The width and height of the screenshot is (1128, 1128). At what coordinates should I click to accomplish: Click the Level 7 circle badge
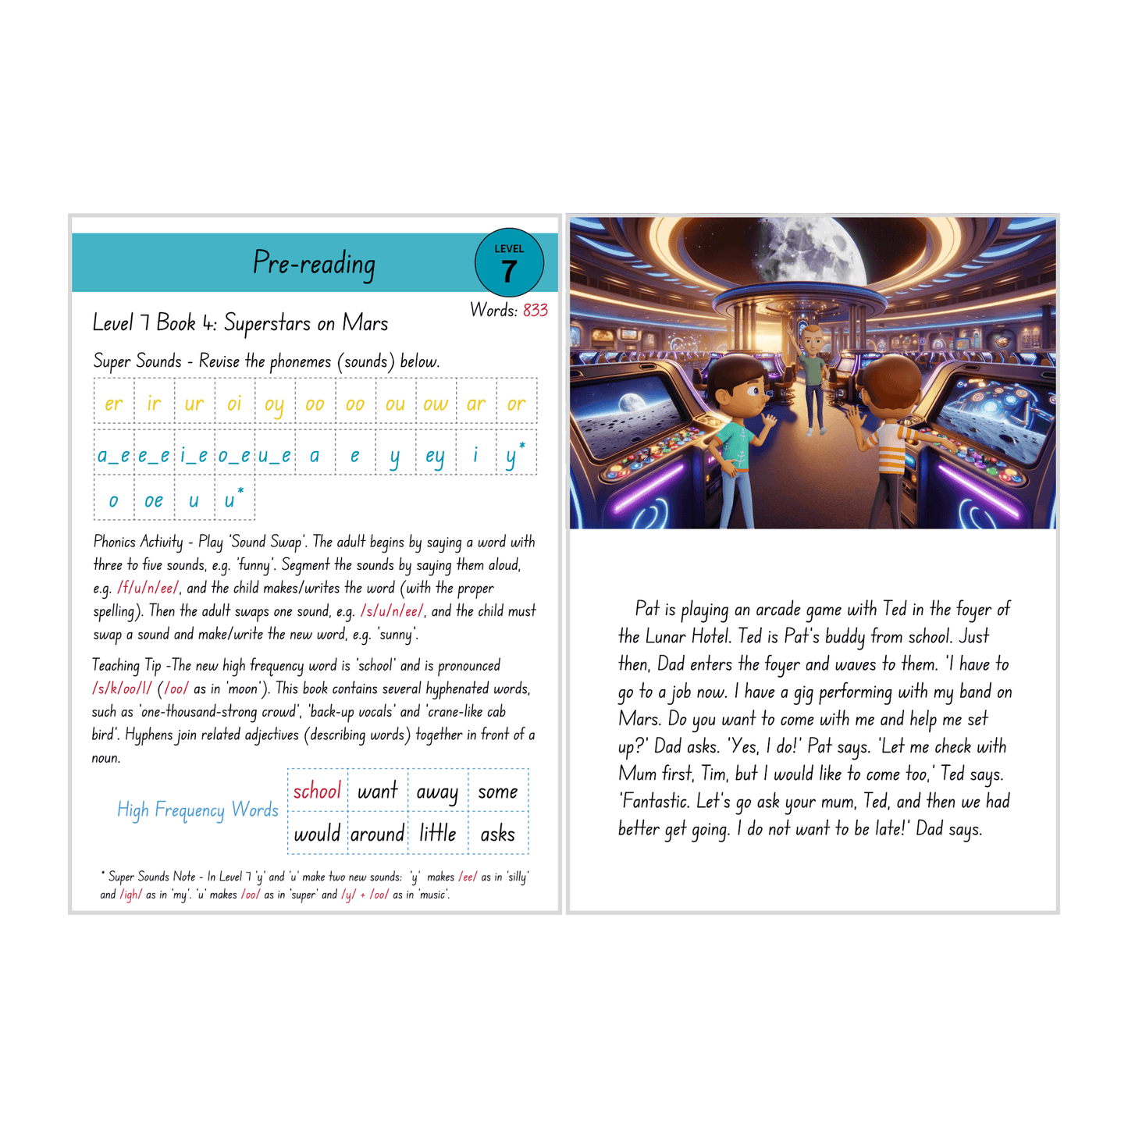(x=509, y=263)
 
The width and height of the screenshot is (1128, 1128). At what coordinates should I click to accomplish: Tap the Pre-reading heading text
(x=314, y=264)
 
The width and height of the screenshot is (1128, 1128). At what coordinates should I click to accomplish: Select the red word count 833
(x=536, y=311)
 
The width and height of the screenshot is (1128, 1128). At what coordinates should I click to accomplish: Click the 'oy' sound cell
(x=274, y=404)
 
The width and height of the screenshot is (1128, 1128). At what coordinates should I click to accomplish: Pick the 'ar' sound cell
(x=475, y=404)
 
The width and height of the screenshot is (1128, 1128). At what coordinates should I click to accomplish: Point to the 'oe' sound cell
(x=154, y=500)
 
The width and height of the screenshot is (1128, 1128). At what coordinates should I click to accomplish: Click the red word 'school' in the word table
(x=317, y=792)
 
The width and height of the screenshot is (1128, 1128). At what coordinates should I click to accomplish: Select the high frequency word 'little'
(x=437, y=834)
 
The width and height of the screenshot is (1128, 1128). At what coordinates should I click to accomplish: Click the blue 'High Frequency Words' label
(x=197, y=810)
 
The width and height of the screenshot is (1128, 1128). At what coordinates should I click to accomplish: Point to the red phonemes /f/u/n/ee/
(x=148, y=589)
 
